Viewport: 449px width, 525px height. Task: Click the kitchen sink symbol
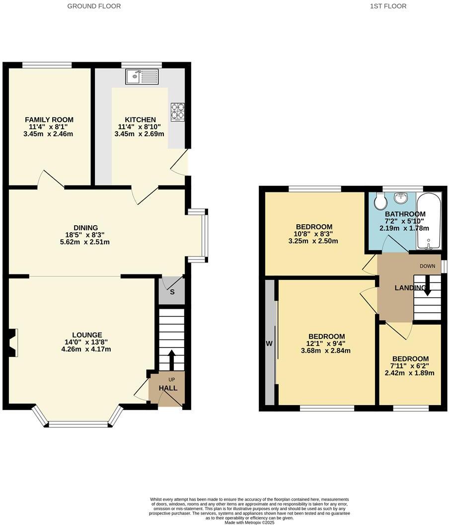click(142, 76)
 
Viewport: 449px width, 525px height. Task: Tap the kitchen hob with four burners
click(178, 112)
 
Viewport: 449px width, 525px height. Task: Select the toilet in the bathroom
click(381, 202)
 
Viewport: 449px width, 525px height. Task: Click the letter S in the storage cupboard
click(172, 292)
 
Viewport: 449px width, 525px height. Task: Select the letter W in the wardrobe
click(269, 343)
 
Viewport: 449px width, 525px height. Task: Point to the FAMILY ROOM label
click(49, 119)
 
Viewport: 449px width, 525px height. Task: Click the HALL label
click(168, 388)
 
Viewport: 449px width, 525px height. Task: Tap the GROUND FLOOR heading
click(94, 6)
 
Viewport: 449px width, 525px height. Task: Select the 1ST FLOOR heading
click(388, 6)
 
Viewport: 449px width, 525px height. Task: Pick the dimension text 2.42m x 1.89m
click(410, 373)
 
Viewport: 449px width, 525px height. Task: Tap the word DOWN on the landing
click(427, 266)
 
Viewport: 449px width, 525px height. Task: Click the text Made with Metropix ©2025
click(250, 522)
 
